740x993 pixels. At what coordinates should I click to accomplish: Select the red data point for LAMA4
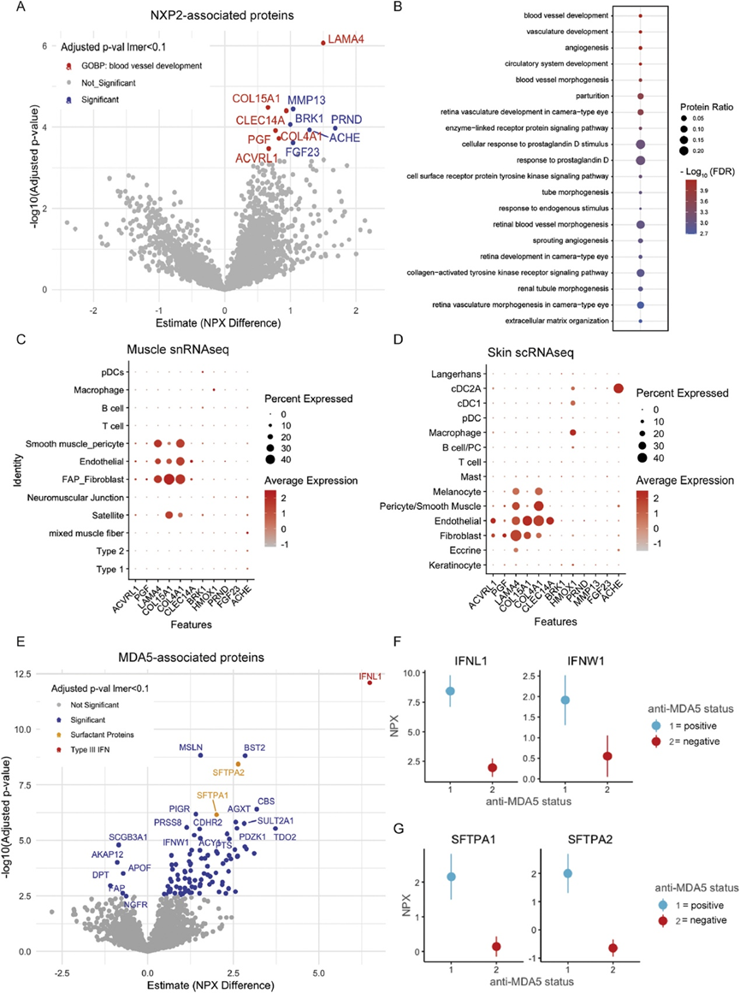tap(323, 43)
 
